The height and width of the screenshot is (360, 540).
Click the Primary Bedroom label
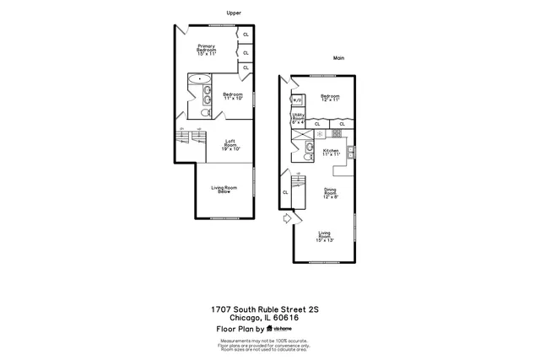[x=207, y=50]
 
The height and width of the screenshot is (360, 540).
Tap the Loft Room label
[x=230, y=144]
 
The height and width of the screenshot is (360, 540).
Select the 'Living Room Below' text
[x=224, y=190]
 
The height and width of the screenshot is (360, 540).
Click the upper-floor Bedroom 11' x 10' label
[x=233, y=96]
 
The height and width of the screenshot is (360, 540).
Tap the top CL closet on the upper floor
[x=246, y=35]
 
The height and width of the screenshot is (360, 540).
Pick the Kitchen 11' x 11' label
[x=330, y=153]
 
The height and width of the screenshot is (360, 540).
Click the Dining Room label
[x=330, y=193]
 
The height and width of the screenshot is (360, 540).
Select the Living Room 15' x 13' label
[x=325, y=236]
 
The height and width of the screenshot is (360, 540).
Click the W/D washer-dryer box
[x=298, y=99]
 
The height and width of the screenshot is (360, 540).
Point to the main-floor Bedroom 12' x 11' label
[x=329, y=98]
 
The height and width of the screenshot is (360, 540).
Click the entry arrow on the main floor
[x=288, y=218]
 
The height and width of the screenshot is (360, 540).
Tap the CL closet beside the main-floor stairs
[x=286, y=192]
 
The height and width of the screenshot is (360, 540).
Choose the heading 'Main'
[x=339, y=58]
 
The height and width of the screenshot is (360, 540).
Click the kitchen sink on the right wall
[x=350, y=153]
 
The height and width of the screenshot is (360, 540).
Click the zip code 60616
[x=292, y=319]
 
